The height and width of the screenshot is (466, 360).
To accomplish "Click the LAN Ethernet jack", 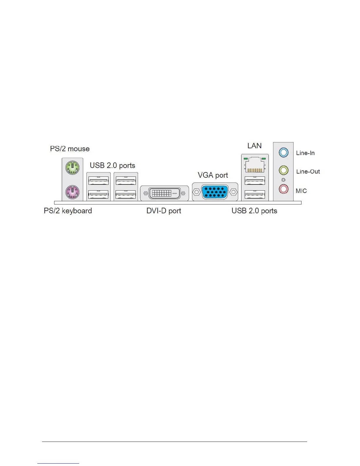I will coord(255,165).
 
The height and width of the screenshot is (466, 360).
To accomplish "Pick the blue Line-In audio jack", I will coord(283,152).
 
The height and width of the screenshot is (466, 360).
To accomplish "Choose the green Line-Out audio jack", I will coord(283,170).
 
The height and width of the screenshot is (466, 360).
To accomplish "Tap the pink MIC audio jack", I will coord(283,189).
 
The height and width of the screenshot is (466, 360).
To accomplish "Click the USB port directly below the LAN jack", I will coord(255,180).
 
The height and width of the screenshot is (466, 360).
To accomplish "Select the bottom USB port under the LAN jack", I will coord(255,194).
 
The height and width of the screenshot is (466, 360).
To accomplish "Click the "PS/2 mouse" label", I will coord(70,149).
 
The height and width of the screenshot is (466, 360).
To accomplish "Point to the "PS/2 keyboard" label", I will coord(68,211).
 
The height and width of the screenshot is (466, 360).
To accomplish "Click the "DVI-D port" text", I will coord(164,211).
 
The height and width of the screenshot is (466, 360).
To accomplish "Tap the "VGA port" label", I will coord(213,175).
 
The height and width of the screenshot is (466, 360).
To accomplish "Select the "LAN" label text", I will coord(254,146).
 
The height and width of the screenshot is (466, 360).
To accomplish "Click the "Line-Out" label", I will coord(308,172).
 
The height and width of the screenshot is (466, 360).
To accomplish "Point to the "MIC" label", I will coord(301,191).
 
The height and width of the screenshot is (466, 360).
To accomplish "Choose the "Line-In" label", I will coord(305,153).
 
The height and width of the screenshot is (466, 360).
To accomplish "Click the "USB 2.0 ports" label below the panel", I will coord(254,211).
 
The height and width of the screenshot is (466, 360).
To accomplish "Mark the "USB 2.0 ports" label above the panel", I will coord(112,165).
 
